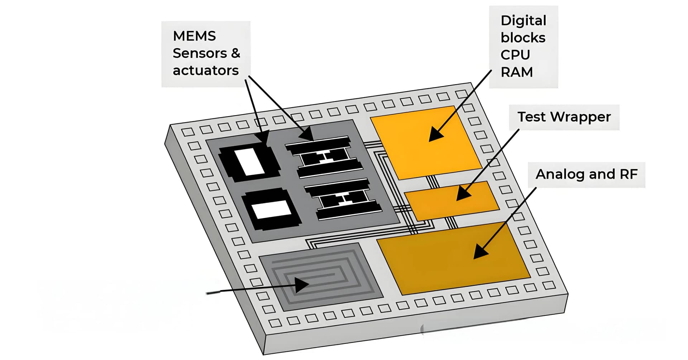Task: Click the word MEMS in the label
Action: [194, 36]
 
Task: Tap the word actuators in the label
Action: [205, 71]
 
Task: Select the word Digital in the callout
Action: [523, 21]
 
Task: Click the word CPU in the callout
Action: [515, 55]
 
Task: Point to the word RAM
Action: [516, 72]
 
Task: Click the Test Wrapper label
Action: [564, 117]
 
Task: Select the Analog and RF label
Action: [586, 174]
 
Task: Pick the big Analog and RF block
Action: [453, 258]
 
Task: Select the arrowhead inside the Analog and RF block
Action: [480, 251]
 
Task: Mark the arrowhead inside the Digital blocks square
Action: [435, 135]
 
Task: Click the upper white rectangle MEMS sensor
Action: [249, 162]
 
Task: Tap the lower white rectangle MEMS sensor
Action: [271, 209]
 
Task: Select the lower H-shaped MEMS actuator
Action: [344, 199]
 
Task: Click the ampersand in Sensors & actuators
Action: [235, 53]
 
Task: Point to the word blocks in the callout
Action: [523, 38]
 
